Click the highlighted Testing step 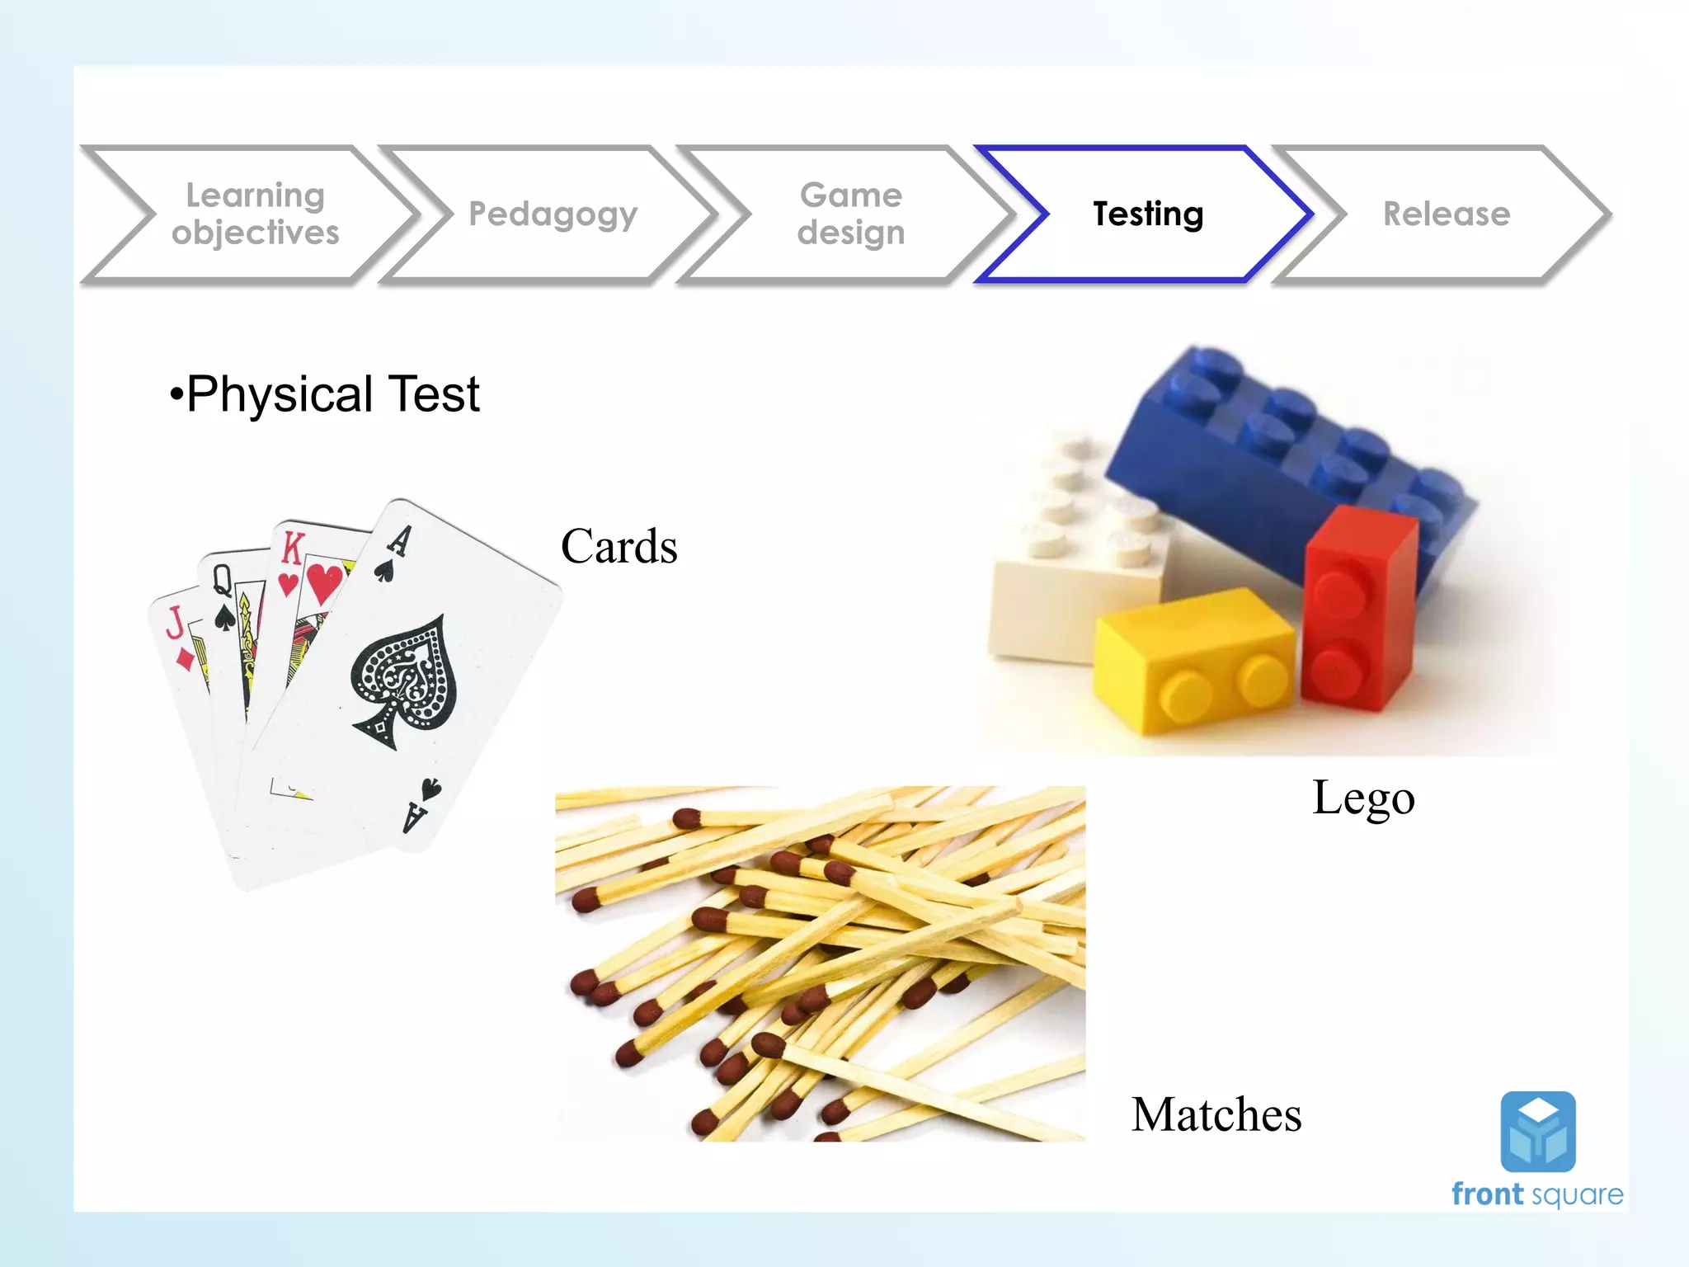pyautogui.click(x=1147, y=214)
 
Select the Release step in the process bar pyautogui.click(x=1446, y=214)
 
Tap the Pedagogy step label pyautogui.click(x=553, y=214)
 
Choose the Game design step pyautogui.click(x=850, y=214)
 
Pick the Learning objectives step pyautogui.click(x=255, y=214)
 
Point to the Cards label pyautogui.click(x=619, y=546)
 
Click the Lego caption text pyautogui.click(x=1363, y=798)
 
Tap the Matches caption pyautogui.click(x=1216, y=1114)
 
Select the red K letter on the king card pyautogui.click(x=293, y=548)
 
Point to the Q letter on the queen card pyautogui.click(x=222, y=581)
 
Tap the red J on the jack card pyautogui.click(x=175, y=621)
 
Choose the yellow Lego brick pyautogui.click(x=1192, y=660)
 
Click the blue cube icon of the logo pyautogui.click(x=1537, y=1132)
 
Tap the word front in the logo pyautogui.click(x=1487, y=1194)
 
